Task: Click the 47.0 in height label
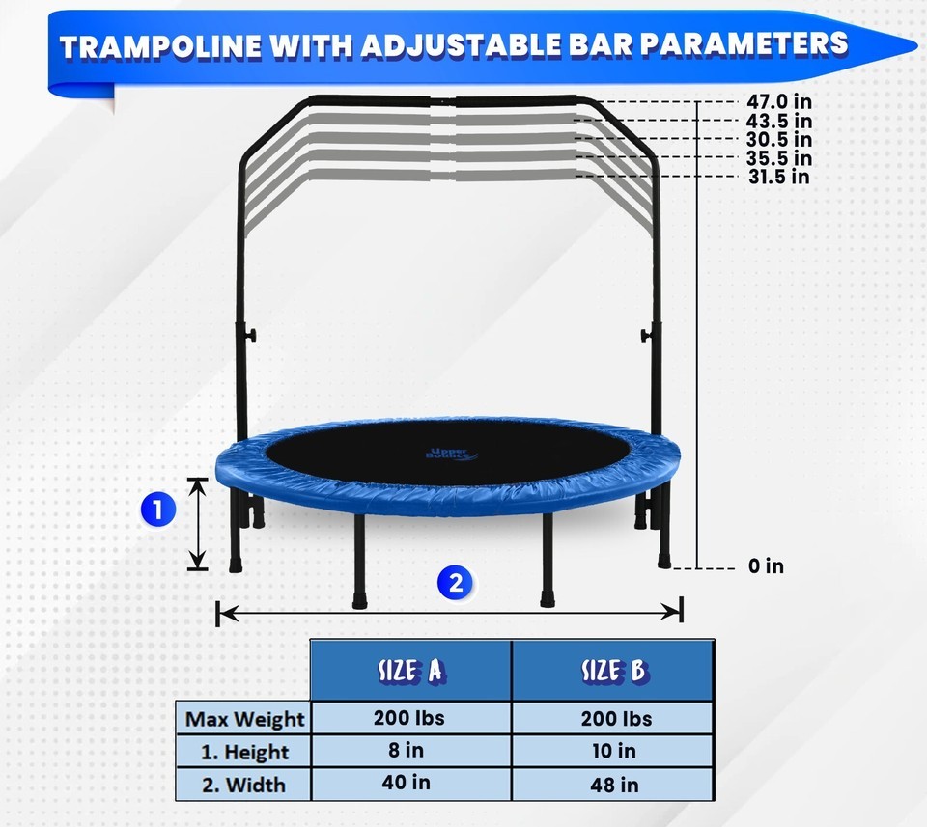pos(778,101)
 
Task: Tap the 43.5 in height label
pos(778,121)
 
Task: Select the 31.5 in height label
pos(778,177)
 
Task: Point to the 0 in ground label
pos(766,565)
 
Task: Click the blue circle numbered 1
pos(157,510)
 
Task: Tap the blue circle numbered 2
pos(455,583)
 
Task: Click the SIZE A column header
pos(410,671)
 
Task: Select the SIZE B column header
pos(613,671)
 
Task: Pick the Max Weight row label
pos(244,719)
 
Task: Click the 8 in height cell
pos(407,750)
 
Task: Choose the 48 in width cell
pos(614,785)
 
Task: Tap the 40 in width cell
pos(407,782)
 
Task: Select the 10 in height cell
pos(614,751)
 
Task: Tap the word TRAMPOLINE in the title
pos(160,46)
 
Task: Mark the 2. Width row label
pos(243,786)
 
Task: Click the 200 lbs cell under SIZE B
pos(617,718)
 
